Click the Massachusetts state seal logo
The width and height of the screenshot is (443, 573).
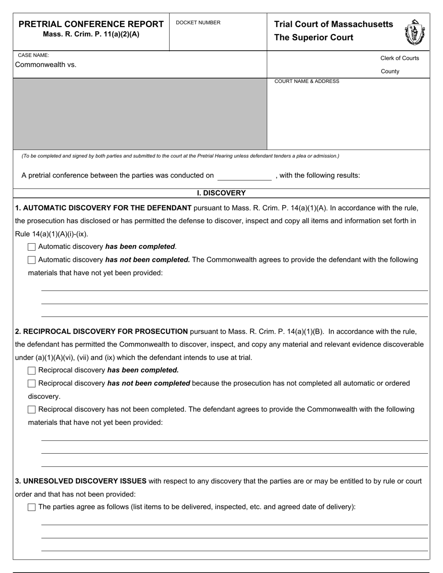(414, 32)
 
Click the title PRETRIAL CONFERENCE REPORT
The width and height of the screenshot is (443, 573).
(91, 24)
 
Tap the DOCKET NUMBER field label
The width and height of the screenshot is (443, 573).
(198, 23)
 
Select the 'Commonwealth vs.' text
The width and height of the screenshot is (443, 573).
(46, 65)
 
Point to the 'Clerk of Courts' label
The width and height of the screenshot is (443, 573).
(400, 58)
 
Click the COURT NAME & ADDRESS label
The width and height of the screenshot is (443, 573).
(307, 82)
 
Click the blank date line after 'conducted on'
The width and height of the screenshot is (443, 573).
(244, 176)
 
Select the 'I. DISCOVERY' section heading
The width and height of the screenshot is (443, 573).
(221, 193)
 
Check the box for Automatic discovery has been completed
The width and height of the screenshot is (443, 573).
(32, 247)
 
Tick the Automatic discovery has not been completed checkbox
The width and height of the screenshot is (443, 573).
(32, 260)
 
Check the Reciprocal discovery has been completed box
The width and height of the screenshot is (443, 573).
(32, 370)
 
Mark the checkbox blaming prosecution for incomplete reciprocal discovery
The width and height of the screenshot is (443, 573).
(32, 383)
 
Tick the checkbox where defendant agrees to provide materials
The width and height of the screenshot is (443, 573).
(32, 409)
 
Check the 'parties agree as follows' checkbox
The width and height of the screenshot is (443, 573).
(32, 507)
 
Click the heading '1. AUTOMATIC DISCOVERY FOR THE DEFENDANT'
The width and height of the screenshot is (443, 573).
(103, 208)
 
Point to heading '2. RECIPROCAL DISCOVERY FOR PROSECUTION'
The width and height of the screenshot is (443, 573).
(101, 332)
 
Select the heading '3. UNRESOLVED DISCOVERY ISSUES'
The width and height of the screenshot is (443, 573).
(81, 481)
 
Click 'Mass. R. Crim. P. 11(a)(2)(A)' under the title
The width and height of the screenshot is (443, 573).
(91, 34)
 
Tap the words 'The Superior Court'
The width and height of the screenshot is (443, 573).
(313, 38)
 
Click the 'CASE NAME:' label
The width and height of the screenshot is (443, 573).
(33, 55)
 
